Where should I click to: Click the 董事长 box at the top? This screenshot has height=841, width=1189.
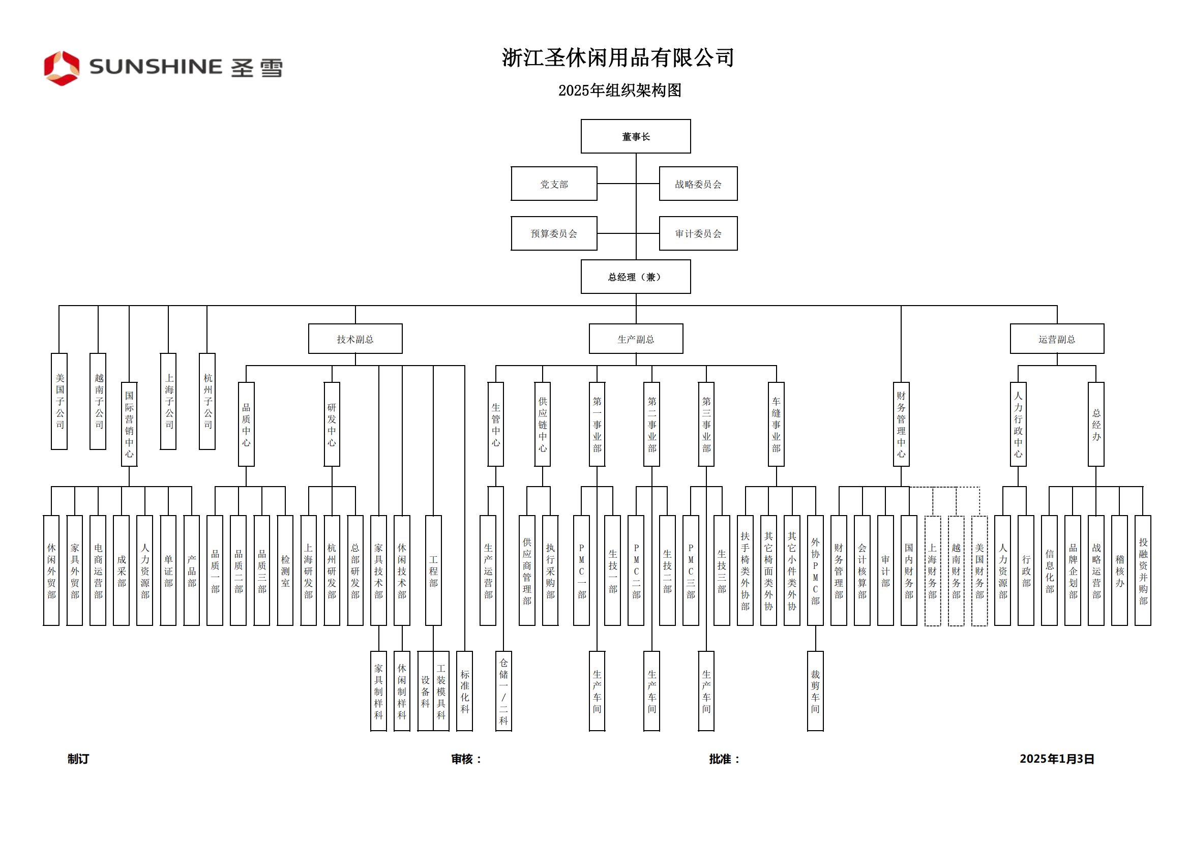point(635,136)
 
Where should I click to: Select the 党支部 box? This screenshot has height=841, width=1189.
point(554,184)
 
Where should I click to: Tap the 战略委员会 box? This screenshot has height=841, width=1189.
point(698,184)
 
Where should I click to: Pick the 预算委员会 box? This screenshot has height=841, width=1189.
point(554,233)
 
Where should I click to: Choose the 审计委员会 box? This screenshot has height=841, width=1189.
point(698,233)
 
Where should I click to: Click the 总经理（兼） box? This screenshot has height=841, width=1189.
point(635,277)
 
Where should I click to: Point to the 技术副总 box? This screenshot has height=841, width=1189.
point(355,339)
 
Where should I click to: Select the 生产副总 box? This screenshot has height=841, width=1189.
point(635,339)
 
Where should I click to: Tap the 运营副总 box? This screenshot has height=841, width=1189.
point(1056,339)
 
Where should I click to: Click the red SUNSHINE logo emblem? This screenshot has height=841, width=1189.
point(62,68)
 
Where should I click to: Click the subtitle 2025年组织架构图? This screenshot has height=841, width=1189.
point(619,91)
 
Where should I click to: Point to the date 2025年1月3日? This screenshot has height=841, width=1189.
point(1056,759)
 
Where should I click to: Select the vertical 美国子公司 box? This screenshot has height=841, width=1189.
point(60,401)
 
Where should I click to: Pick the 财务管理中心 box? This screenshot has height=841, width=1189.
point(901,424)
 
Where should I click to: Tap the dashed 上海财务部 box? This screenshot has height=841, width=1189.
point(932,570)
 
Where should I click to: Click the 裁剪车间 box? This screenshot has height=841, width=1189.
point(815,691)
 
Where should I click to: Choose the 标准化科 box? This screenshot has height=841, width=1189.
point(464,691)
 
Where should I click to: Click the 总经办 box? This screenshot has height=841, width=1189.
point(1096,424)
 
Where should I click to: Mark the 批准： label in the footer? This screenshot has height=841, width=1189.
point(724,759)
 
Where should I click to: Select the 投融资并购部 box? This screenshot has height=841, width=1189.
point(1143,570)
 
